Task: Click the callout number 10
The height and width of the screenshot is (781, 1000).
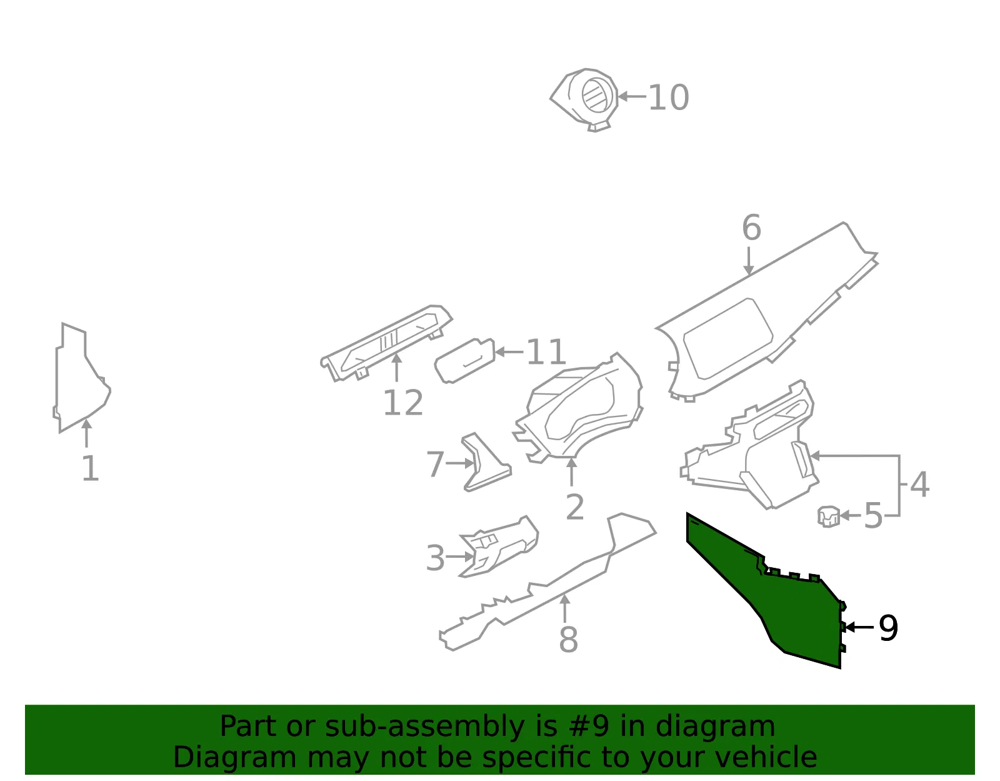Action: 668,98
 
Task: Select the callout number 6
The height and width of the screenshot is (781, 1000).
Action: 751,228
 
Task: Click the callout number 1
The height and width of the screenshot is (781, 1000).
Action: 90,468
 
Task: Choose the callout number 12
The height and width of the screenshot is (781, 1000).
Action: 403,403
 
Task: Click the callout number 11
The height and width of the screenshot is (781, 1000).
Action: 546,352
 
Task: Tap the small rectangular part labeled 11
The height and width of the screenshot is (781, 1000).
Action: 465,361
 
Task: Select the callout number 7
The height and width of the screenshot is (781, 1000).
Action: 435,465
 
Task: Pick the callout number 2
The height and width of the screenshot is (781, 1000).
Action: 575,507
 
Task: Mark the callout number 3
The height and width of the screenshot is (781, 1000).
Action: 436,558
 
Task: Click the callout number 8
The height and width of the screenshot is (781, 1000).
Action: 568,639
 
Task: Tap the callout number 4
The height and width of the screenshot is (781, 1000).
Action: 920,484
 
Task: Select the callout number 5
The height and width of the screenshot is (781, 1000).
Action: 874,515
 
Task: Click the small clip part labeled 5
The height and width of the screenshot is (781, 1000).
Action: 828,516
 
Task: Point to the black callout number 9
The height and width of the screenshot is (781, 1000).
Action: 888,627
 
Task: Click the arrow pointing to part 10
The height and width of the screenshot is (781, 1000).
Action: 632,97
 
